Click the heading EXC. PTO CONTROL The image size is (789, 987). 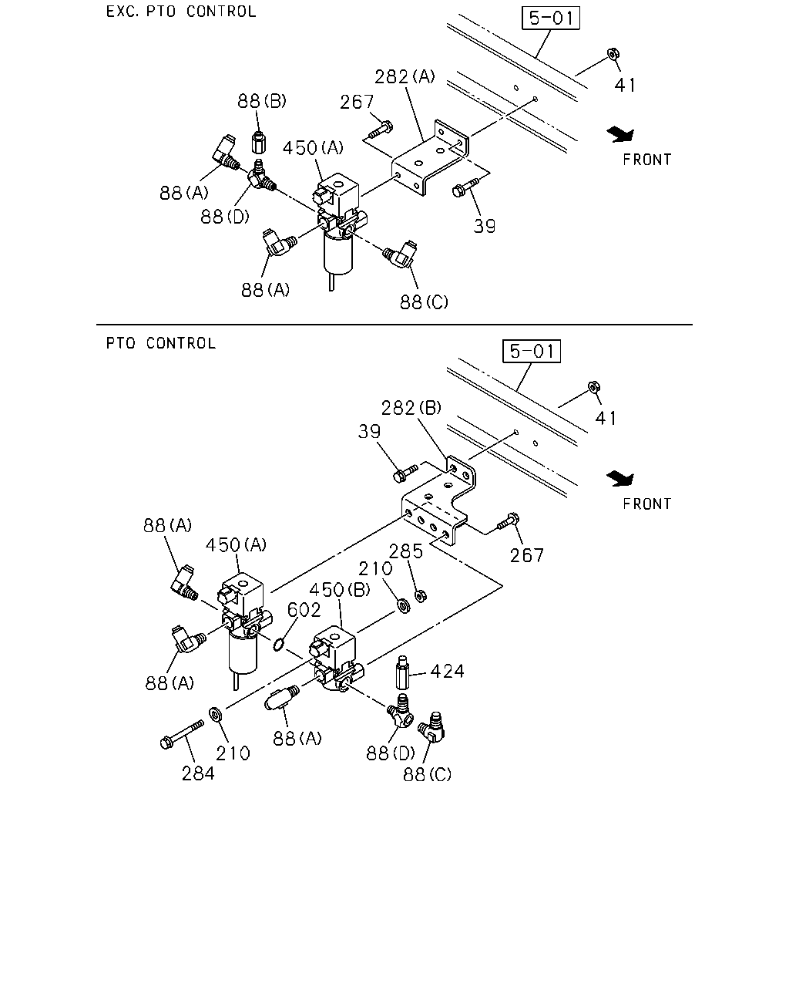coord(181,12)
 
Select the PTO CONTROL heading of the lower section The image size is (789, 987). coord(161,344)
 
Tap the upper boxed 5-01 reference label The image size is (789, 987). coord(551,18)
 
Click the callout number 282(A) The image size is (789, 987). coord(405,76)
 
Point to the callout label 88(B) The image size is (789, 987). coord(262,101)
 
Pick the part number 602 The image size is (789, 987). coord(304,610)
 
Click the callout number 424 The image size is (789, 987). coord(448,672)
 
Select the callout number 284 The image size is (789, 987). coord(198,773)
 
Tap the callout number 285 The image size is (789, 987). coord(406,551)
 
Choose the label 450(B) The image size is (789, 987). coord(340,590)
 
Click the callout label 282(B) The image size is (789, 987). coord(411,408)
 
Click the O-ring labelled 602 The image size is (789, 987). coord(278,645)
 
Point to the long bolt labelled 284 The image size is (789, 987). coord(182,735)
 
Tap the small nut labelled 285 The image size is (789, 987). coord(421,596)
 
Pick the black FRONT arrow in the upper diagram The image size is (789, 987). coord(620,134)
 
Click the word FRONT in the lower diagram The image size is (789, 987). coord(647,504)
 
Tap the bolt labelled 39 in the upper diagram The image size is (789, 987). coord(465,188)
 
